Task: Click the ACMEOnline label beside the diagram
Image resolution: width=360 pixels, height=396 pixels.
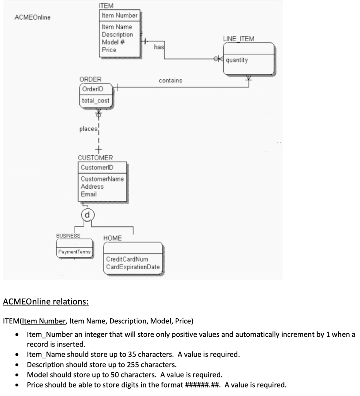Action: pyautogui.click(x=32, y=17)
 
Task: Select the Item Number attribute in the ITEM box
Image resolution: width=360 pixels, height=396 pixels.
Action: pyautogui.click(x=119, y=15)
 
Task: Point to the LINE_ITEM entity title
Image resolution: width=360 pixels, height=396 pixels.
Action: pyautogui.click(x=239, y=39)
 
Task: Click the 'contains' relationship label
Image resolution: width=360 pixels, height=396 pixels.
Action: pyautogui.click(x=170, y=81)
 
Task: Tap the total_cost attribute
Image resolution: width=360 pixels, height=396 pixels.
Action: pyautogui.click(x=95, y=101)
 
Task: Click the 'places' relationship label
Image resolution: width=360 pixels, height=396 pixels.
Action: pyautogui.click(x=88, y=129)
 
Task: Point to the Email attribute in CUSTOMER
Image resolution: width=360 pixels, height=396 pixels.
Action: pyautogui.click(x=88, y=194)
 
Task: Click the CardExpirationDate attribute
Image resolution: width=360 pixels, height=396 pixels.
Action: pyautogui.click(x=132, y=266)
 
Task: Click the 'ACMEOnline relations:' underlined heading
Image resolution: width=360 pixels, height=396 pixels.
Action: pyautogui.click(x=46, y=301)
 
